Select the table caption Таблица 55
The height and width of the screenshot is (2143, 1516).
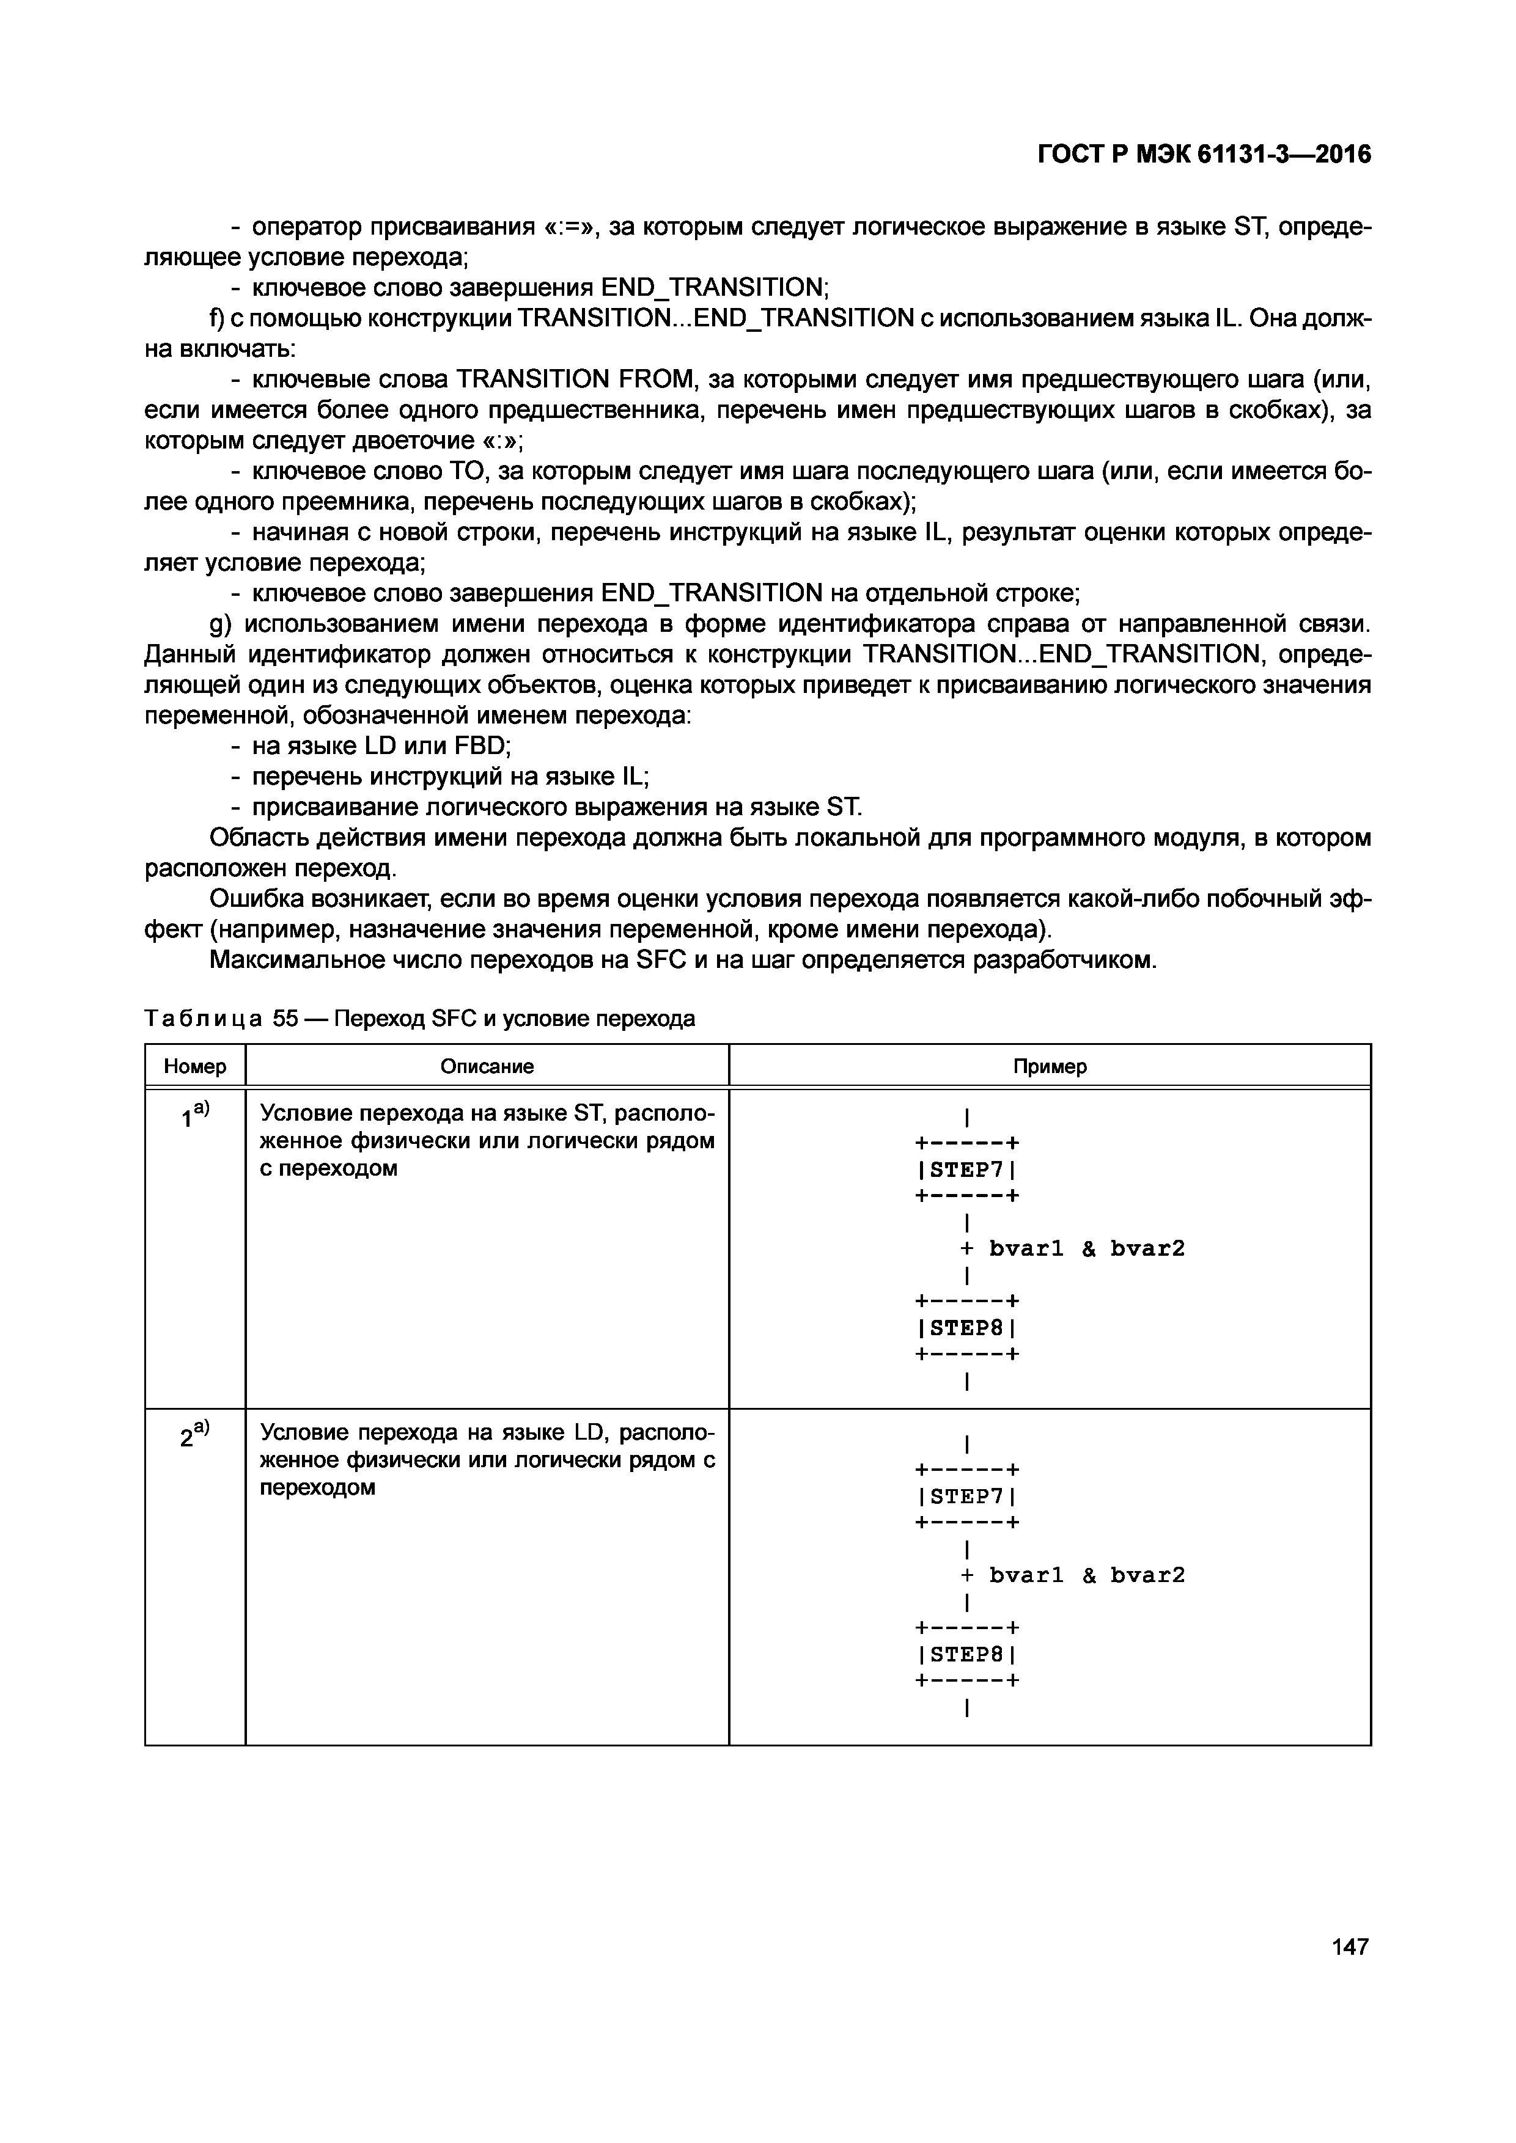[x=419, y=1018]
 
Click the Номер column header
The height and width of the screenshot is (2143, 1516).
[x=195, y=1066]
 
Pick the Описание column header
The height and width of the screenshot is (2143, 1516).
[x=487, y=1066]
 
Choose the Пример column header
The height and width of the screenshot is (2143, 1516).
[x=1049, y=1066]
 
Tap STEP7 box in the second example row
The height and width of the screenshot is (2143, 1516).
[x=966, y=1496]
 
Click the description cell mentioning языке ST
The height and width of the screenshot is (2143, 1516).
[x=487, y=1141]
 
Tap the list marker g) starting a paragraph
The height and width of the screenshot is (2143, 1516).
[x=220, y=623]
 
